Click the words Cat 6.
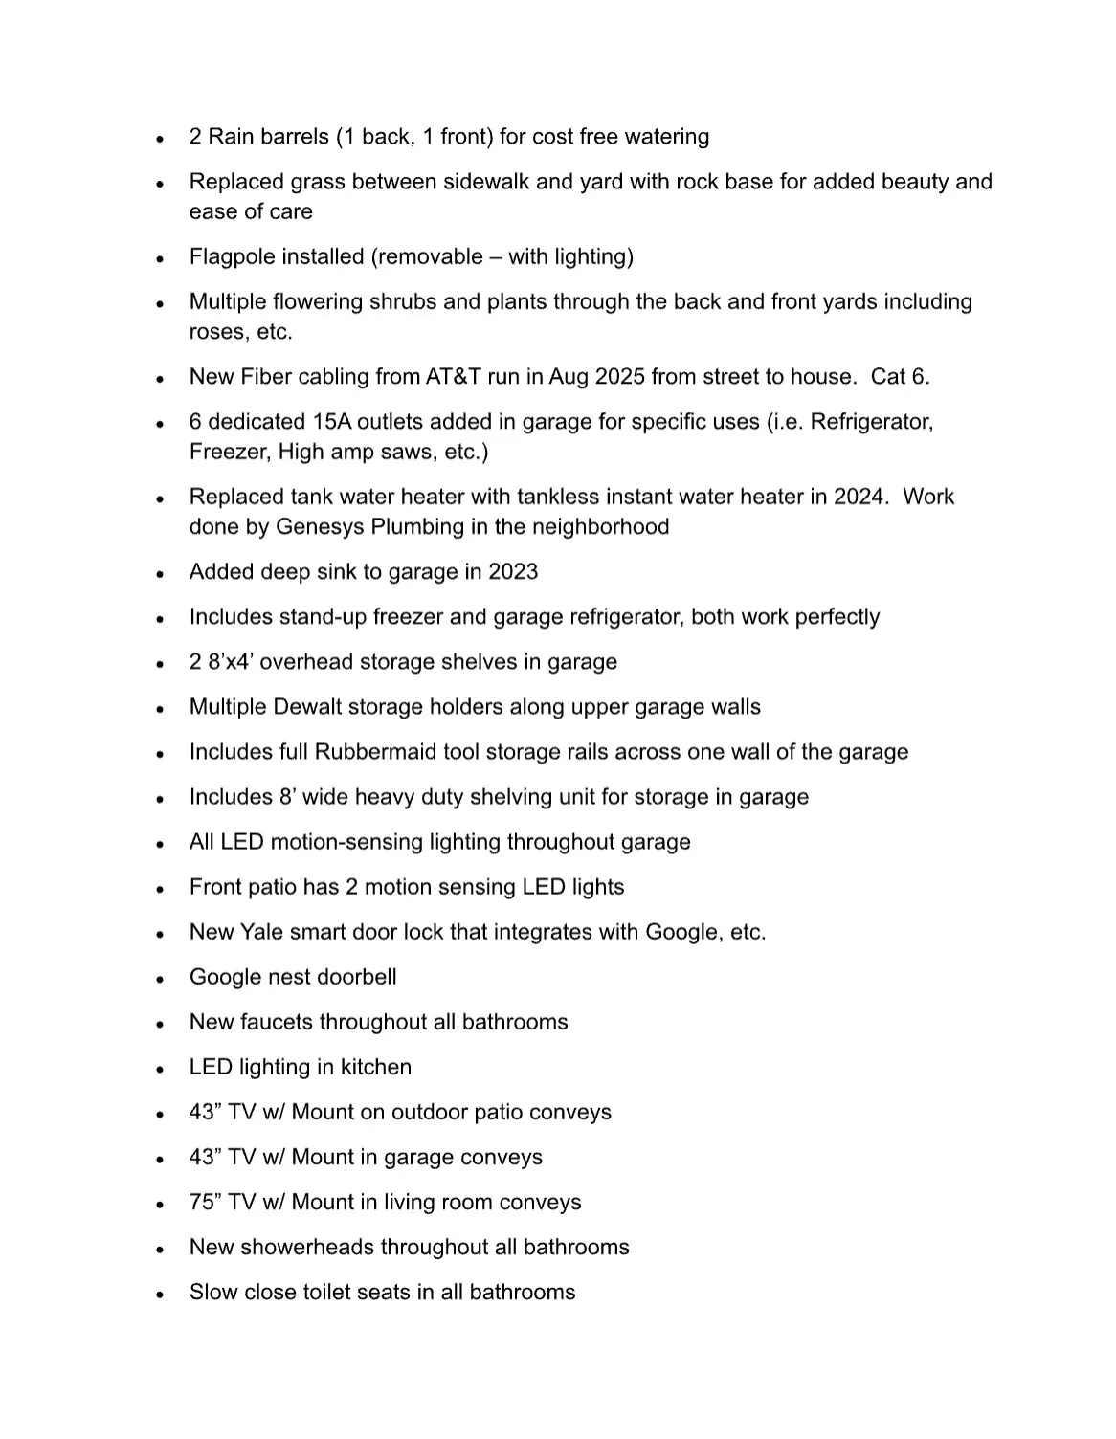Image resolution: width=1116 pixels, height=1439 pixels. (x=900, y=376)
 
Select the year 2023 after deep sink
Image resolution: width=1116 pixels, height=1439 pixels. (x=513, y=571)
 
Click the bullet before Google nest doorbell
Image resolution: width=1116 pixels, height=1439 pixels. (x=160, y=979)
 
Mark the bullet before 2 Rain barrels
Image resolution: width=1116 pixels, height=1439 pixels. (x=160, y=138)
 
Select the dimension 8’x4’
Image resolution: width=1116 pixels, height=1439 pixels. (x=231, y=661)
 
